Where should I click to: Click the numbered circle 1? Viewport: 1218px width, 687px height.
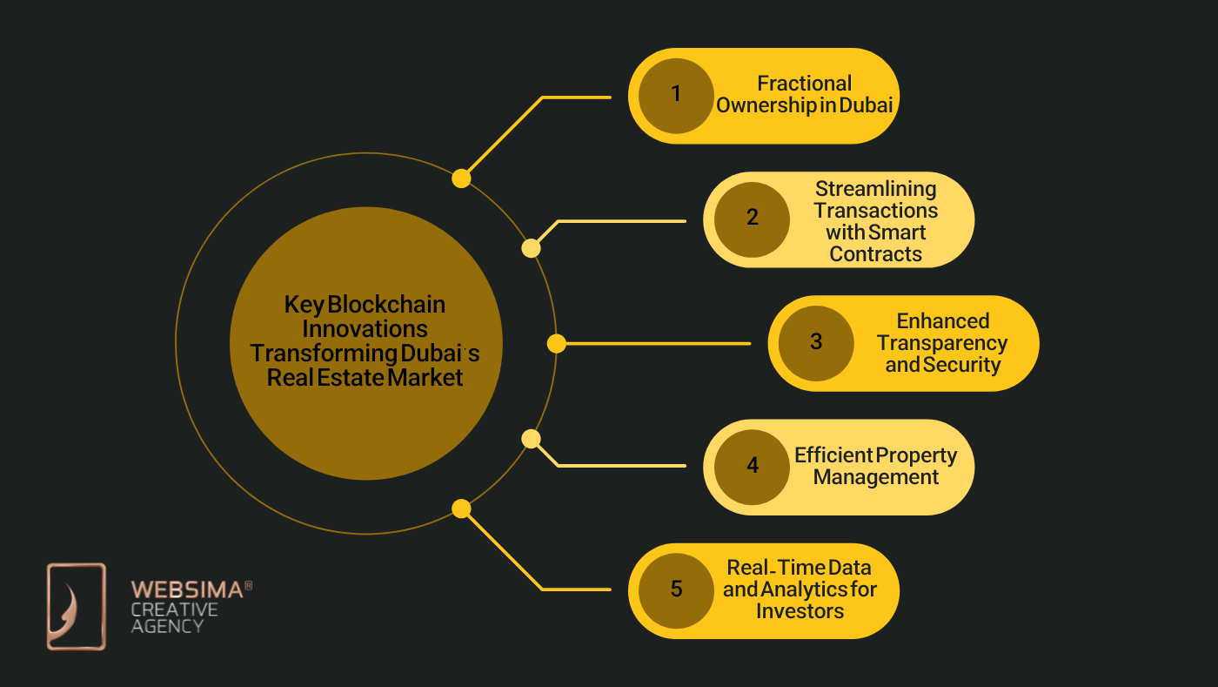(x=676, y=95)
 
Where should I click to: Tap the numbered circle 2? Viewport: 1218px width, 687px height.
(x=752, y=219)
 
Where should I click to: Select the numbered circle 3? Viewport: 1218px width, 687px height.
(x=815, y=342)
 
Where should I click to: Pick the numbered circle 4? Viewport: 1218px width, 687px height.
(x=752, y=466)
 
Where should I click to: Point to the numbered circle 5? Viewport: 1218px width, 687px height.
(x=676, y=589)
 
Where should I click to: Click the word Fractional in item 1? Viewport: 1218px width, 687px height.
(x=804, y=84)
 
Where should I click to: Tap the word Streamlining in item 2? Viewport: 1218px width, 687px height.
(x=875, y=189)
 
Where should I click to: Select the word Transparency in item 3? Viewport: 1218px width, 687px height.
(x=942, y=343)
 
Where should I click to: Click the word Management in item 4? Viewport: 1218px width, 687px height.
(x=875, y=477)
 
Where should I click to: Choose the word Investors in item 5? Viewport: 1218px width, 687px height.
(x=800, y=611)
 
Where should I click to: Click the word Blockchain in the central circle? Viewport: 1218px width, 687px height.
(x=386, y=305)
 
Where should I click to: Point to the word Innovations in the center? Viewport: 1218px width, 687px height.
(x=365, y=329)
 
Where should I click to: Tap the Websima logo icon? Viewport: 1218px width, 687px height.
(x=76, y=606)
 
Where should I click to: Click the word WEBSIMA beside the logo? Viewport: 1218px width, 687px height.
(x=187, y=590)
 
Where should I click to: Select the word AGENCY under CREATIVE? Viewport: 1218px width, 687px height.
(x=167, y=625)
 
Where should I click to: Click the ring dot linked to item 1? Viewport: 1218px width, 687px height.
(x=461, y=178)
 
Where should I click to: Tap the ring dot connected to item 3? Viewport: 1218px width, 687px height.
(x=557, y=344)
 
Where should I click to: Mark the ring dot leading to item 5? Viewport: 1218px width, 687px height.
(x=461, y=509)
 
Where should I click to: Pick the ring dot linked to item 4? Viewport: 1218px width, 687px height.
(x=531, y=439)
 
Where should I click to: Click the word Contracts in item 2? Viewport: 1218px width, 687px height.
(x=875, y=254)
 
